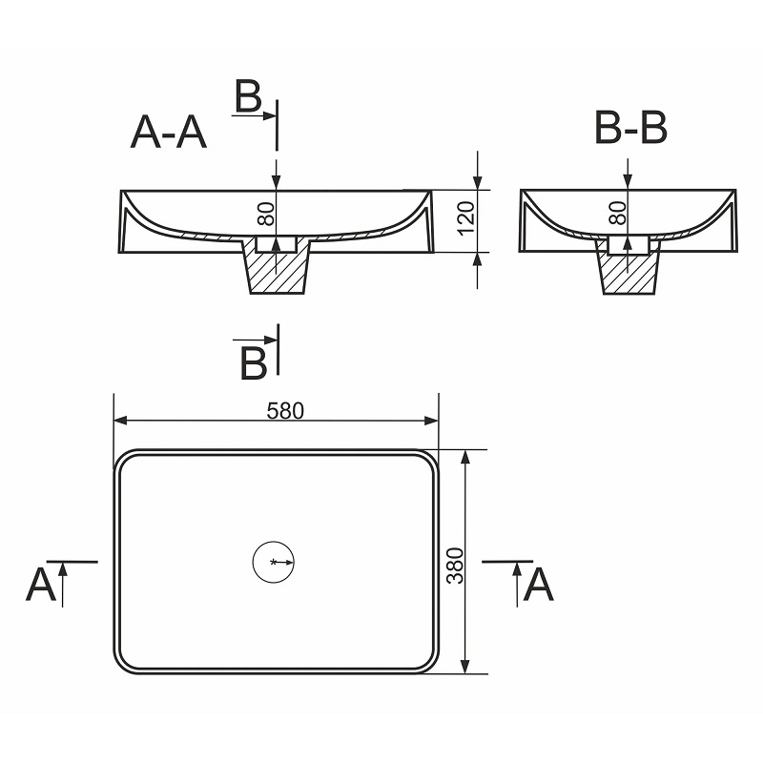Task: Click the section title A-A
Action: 169,132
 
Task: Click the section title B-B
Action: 630,128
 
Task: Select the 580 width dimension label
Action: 285,411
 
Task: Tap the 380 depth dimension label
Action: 456,566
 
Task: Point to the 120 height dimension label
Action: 466,218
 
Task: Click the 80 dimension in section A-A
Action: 266,214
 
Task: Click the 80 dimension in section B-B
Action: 618,213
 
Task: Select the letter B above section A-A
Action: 248,96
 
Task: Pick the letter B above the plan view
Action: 254,363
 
